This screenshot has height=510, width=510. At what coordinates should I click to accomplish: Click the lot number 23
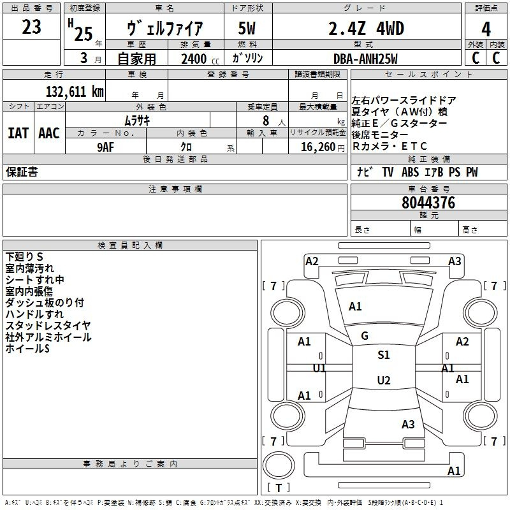(31, 27)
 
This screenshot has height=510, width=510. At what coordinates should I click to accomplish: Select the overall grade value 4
(486, 29)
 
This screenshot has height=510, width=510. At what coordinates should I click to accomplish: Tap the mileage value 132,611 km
(75, 91)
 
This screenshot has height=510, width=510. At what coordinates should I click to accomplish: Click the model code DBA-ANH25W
(365, 59)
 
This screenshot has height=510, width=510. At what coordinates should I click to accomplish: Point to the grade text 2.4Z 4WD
(366, 29)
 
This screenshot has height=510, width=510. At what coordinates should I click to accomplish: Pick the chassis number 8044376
(428, 203)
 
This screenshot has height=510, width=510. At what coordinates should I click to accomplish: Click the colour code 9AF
(106, 147)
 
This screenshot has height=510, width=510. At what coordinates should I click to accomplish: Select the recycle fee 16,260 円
(323, 147)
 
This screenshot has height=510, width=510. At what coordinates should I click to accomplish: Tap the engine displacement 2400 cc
(200, 59)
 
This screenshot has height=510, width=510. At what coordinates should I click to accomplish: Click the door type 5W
(247, 28)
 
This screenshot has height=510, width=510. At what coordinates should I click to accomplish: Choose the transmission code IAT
(18, 133)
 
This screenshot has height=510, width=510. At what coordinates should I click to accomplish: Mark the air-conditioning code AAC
(49, 133)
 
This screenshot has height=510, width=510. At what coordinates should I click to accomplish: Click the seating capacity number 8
(266, 120)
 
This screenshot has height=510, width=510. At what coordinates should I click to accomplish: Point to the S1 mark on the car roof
(384, 354)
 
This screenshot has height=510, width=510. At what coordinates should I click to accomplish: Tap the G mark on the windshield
(365, 336)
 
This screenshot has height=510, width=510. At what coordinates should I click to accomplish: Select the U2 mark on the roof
(384, 380)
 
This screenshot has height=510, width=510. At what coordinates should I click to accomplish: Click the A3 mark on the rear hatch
(408, 424)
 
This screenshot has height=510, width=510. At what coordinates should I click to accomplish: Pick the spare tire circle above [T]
(279, 465)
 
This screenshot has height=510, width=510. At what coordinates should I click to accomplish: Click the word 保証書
(22, 171)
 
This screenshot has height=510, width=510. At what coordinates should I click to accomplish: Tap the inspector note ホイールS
(27, 348)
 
